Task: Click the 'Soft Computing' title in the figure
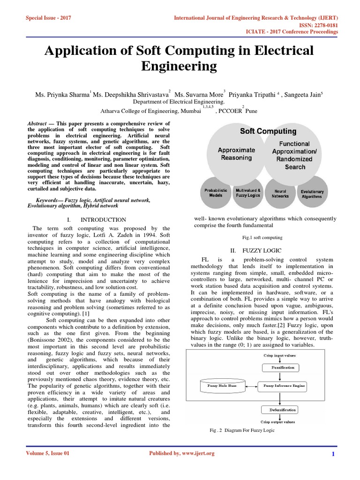tap(268, 131)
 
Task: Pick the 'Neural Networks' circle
tap(280, 194)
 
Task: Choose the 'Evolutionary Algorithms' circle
tap(312, 194)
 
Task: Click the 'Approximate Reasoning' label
tap(237, 154)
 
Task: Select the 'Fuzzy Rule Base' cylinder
tap(223, 386)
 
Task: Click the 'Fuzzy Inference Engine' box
tap(284, 386)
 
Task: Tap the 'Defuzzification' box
tap(278, 410)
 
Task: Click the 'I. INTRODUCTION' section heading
tap(97, 219)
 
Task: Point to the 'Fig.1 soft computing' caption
tap(262, 238)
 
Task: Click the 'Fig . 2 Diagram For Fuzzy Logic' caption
tap(242, 430)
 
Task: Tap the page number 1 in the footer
tap(333, 454)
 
